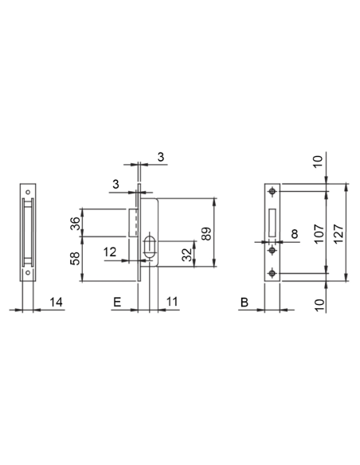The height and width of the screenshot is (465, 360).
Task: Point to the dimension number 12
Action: click(111, 252)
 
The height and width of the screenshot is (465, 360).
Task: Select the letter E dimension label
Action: click(117, 303)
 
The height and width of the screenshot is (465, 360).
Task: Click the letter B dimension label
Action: click(245, 303)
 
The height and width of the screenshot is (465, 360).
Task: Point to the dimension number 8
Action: click(295, 234)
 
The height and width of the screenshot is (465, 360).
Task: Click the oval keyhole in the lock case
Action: click(149, 246)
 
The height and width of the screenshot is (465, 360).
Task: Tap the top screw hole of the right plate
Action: click(273, 191)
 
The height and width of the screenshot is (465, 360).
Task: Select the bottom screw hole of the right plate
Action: click(273, 274)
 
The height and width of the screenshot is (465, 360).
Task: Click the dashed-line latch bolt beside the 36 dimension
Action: click(135, 222)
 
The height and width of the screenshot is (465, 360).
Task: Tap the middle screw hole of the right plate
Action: click(273, 249)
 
